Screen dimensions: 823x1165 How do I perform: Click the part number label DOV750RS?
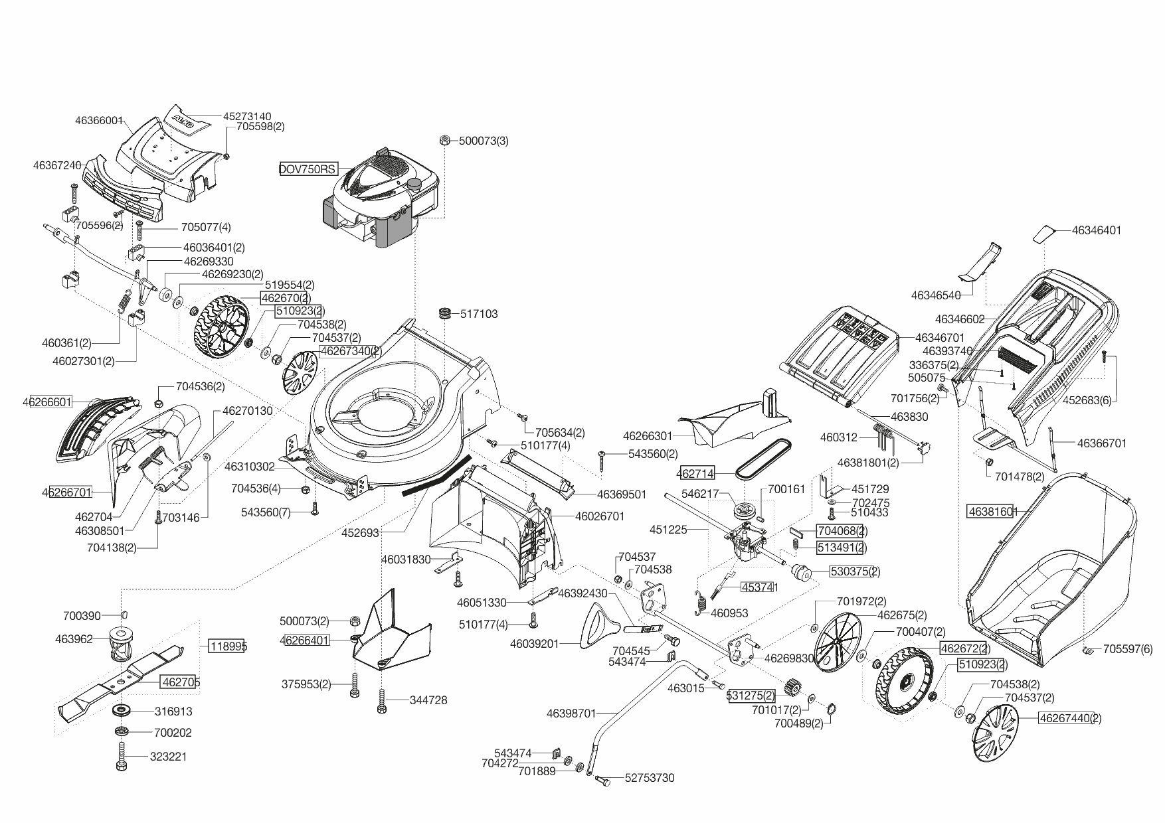(308, 169)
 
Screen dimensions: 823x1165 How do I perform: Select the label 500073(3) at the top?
(484, 141)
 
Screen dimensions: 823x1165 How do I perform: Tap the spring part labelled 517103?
(444, 313)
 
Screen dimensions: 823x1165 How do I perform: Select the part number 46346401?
(1096, 230)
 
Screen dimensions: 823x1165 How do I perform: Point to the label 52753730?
(650, 778)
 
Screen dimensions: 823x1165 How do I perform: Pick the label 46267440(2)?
(1070, 718)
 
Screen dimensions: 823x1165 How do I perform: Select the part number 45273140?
(247, 116)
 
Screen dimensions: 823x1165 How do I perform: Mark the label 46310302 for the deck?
(249, 467)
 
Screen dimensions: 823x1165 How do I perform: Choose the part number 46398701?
(571, 713)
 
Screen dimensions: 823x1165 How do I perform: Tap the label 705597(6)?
(1128, 650)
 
